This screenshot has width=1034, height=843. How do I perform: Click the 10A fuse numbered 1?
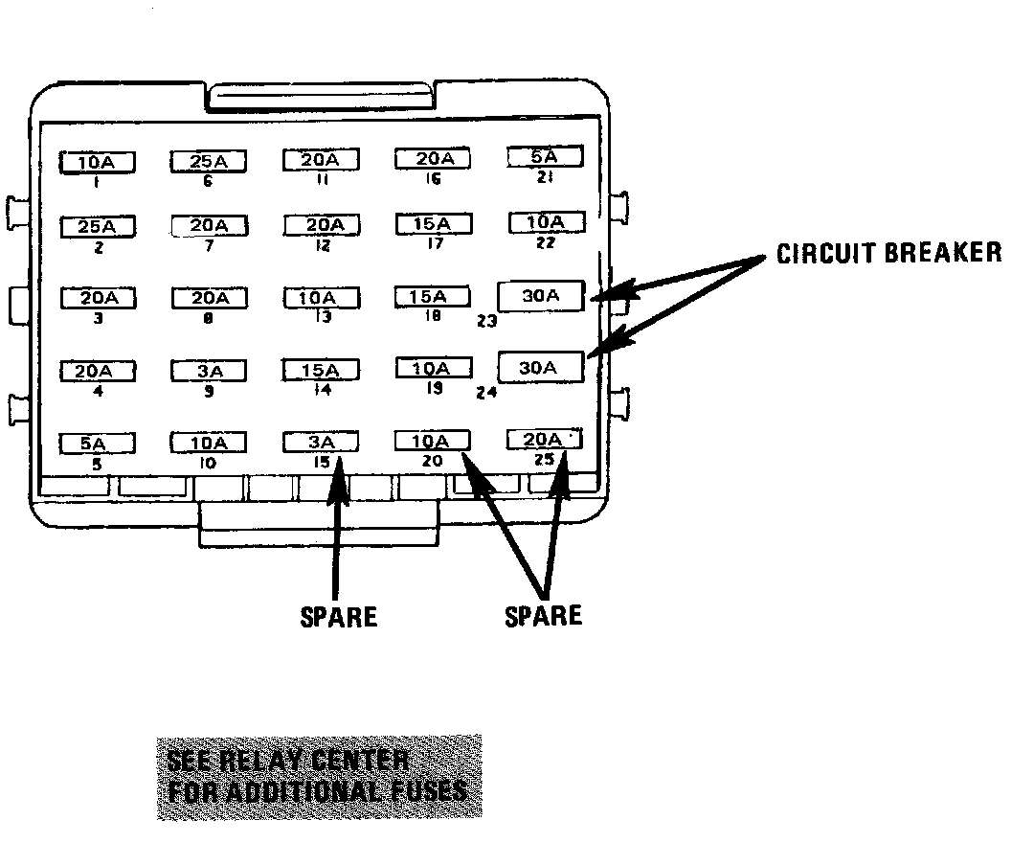coord(98,163)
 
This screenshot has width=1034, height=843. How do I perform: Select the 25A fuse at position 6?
coord(209,161)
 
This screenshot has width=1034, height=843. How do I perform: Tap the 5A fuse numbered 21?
coord(544,157)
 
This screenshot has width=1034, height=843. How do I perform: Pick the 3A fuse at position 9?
coord(209,372)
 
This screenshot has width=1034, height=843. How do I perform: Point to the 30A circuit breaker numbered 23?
coord(541,297)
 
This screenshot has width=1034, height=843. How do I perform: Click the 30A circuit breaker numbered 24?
coord(541,368)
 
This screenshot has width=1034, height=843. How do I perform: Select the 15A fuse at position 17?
coord(433,224)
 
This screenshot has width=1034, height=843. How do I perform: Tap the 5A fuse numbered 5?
coord(97,444)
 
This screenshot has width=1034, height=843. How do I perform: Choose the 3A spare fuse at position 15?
coord(321,443)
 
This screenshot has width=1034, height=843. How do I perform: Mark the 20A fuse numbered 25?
coord(545,440)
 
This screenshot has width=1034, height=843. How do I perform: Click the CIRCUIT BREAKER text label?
coord(888,253)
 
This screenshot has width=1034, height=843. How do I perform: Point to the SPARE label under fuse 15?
coord(339,616)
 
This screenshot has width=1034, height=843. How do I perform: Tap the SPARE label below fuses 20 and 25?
coord(543,614)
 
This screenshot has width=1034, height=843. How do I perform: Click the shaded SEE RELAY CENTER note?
coord(319,777)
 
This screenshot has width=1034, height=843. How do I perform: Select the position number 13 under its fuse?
coord(322,317)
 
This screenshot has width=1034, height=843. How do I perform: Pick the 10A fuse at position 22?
coord(545,223)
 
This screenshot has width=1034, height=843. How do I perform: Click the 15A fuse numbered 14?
coord(321,371)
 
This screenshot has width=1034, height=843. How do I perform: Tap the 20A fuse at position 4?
coord(98,372)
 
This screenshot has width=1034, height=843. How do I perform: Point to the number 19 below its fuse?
coord(433,389)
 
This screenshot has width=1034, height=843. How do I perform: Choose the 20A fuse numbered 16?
coord(433,159)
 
